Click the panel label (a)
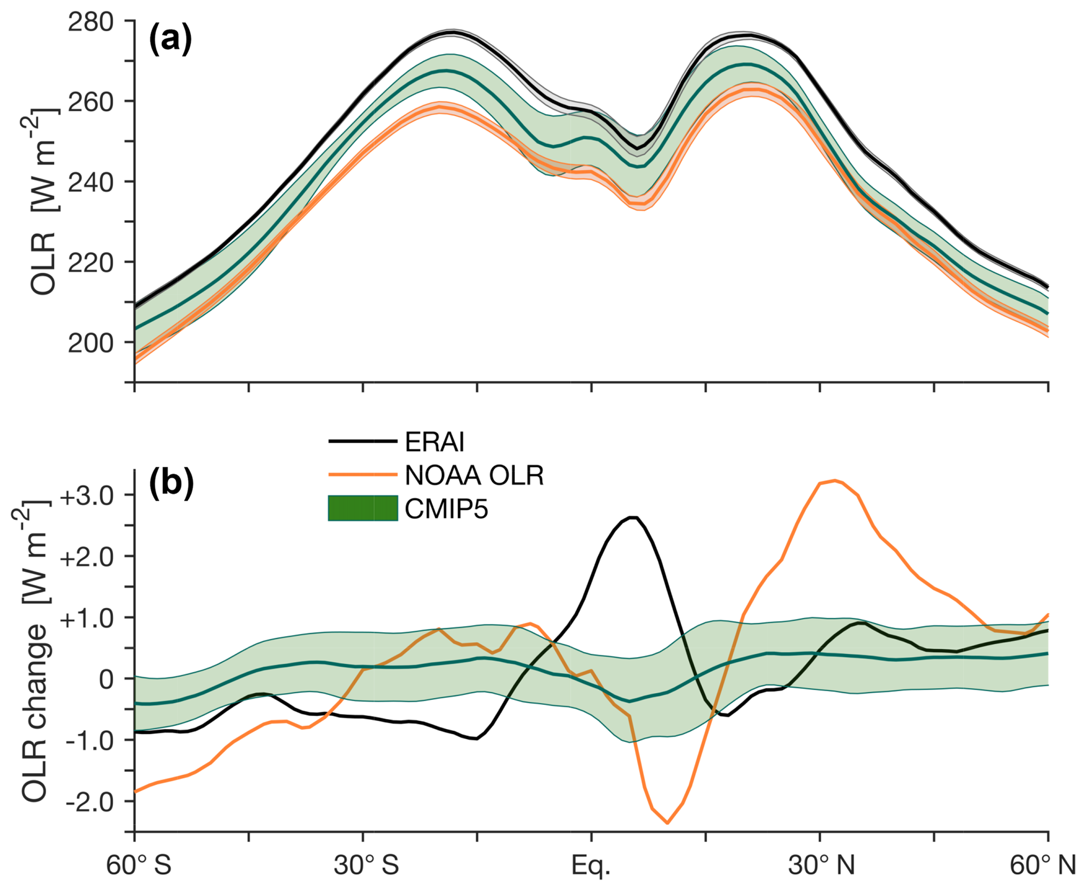[170, 40]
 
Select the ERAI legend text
[434, 442]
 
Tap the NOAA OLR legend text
[474, 475]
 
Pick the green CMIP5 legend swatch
[363, 508]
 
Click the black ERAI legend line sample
[363, 442]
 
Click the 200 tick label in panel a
[90, 343]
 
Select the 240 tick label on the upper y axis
[90, 183]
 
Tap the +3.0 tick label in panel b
[87, 496]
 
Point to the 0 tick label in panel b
[106, 679]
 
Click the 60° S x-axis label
[139, 865]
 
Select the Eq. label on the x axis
[591, 865]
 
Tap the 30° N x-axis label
[821, 865]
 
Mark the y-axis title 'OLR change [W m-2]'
[35, 652]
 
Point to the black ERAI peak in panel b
[634, 517]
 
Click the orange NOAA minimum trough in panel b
[667, 823]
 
